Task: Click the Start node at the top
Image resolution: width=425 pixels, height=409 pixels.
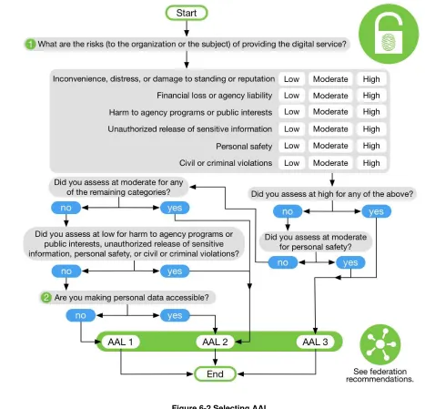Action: (187, 13)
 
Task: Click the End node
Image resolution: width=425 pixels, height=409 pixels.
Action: (215, 373)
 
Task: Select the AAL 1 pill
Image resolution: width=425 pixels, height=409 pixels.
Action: (120, 342)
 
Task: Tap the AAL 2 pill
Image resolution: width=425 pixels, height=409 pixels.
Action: (215, 342)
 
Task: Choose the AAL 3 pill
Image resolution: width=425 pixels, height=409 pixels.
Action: (315, 342)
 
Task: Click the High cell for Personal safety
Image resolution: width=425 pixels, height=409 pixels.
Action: (371, 146)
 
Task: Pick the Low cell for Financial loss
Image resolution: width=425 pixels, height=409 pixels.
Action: (291, 96)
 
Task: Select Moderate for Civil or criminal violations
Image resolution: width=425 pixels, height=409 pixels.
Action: (330, 163)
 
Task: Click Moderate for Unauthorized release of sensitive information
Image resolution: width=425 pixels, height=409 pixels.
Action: (330, 129)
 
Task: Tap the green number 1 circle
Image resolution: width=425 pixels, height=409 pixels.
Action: (30, 45)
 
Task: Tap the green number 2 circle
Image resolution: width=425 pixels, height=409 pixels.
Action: (46, 297)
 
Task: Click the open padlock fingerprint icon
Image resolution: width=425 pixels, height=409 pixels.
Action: (389, 34)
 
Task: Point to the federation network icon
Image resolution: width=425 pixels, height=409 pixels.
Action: (380, 344)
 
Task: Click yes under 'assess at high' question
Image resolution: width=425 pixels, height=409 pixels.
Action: (376, 211)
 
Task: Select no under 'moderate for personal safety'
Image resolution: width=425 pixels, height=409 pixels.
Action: (283, 262)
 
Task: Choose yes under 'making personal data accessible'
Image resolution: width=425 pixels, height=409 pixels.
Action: (175, 315)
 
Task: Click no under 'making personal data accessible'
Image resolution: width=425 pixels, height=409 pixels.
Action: (80, 315)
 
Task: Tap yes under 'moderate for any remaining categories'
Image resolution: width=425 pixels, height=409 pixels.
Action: (175, 208)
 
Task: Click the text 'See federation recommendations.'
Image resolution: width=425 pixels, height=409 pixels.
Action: (379, 375)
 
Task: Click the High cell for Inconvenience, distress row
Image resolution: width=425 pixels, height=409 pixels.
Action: (371, 79)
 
